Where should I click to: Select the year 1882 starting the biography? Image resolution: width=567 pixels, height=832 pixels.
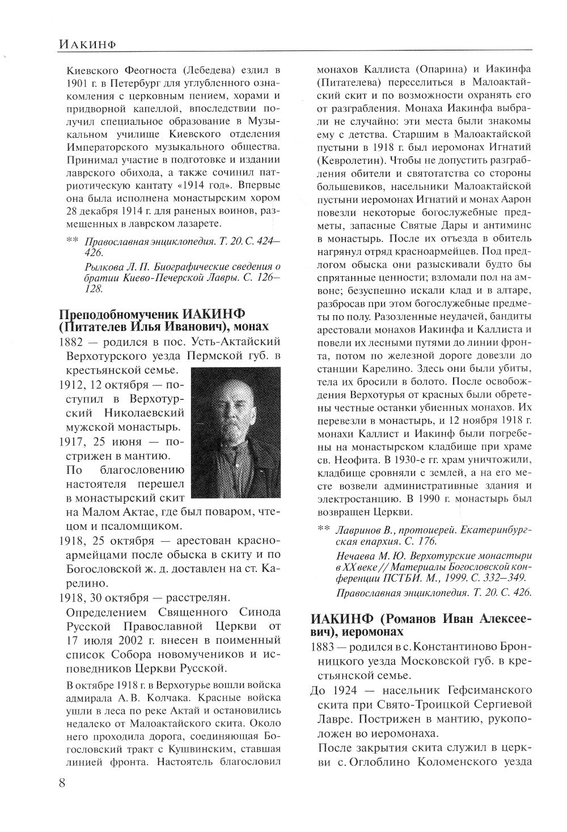tap(71, 343)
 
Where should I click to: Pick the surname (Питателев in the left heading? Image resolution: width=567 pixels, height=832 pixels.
tap(92, 328)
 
